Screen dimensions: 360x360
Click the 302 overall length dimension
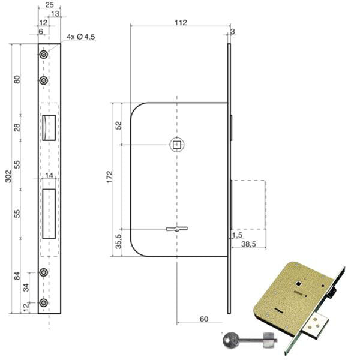coord(8,176)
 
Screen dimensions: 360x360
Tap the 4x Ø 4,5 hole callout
coord(81,37)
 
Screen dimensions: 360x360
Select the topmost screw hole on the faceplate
coord(44,55)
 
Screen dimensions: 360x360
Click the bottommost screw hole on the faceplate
coord(44,303)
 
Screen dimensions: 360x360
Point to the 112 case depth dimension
coord(181,23)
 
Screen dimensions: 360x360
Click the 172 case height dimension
coord(110,177)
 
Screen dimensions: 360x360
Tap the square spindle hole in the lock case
coord(177,145)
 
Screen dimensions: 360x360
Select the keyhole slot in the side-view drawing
coord(177,229)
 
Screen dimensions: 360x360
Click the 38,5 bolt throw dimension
coord(248,244)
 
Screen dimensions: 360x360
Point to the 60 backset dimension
coord(204,319)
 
